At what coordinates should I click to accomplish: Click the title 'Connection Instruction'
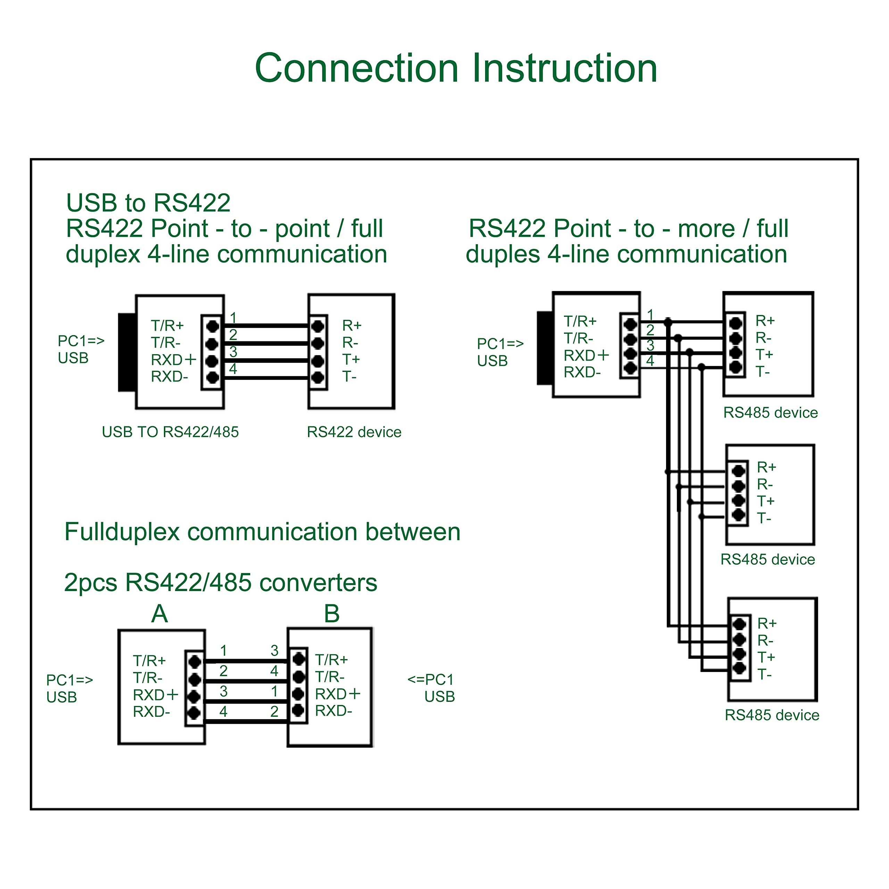[x=456, y=68]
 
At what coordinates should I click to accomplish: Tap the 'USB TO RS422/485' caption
[x=170, y=432]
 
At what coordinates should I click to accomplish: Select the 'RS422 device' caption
[x=354, y=432]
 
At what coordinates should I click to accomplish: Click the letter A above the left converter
[x=160, y=613]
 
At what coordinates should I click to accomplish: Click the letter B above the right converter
[x=332, y=613]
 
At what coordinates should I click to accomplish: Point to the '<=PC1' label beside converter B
[x=431, y=679]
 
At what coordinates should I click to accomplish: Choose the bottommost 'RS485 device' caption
[x=772, y=715]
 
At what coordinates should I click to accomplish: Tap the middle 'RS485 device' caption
[x=767, y=559]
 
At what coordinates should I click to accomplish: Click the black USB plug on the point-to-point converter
[x=127, y=352]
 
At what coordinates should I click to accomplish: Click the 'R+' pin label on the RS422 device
[x=352, y=326]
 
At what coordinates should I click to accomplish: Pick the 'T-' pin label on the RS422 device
[x=349, y=377]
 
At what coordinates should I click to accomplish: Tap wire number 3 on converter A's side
[x=224, y=691]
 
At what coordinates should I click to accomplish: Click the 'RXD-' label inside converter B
[x=334, y=711]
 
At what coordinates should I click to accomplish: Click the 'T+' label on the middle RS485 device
[x=766, y=501]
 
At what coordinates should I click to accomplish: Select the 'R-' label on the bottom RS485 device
[x=766, y=640]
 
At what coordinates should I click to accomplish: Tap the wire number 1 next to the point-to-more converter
[x=650, y=315]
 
